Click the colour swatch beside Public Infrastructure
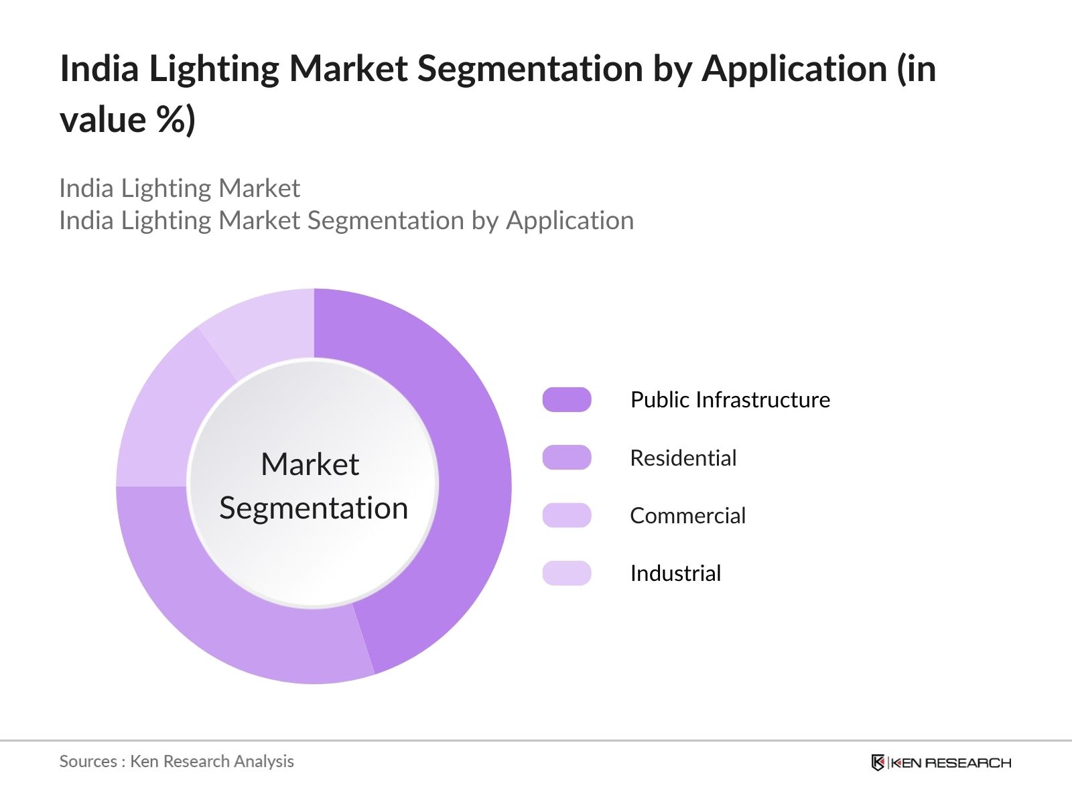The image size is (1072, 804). tap(567, 399)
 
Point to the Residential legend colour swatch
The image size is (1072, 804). tap(567, 458)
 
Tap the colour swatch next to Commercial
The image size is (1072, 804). tap(567, 515)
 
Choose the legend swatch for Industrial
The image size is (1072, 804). tap(567, 573)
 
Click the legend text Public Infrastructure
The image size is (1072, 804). tap(730, 399)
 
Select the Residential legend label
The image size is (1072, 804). tap(683, 458)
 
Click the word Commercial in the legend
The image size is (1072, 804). tap(687, 515)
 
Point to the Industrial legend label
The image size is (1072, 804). tap(675, 573)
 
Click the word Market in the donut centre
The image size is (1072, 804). tap(310, 464)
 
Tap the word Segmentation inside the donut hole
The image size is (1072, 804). tap(314, 508)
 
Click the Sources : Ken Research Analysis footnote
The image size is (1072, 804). tap(176, 761)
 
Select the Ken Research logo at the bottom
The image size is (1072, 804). tap(941, 762)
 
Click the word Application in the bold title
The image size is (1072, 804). tap(795, 68)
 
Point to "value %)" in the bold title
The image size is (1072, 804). tap(127, 120)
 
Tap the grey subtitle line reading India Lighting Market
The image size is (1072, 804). tap(180, 188)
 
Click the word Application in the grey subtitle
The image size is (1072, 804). tap(569, 220)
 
